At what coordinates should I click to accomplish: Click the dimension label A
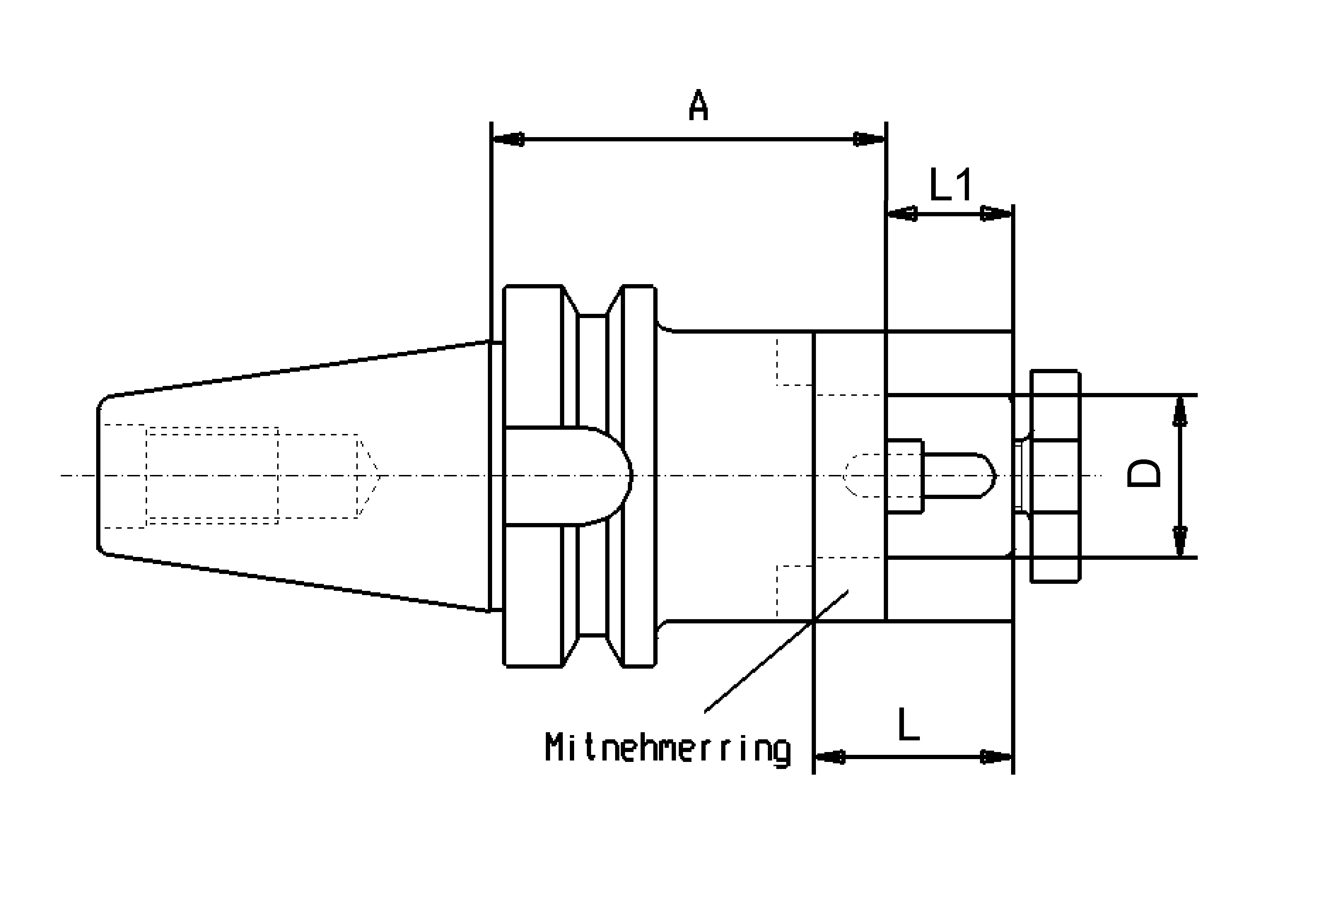click(x=698, y=106)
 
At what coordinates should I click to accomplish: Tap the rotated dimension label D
click(x=1143, y=474)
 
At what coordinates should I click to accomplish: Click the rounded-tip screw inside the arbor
click(x=956, y=476)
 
